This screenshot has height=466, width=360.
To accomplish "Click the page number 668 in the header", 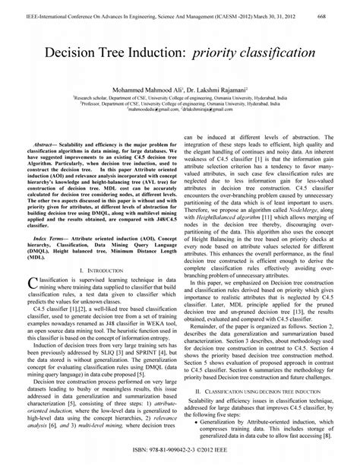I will [x=343, y=6].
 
